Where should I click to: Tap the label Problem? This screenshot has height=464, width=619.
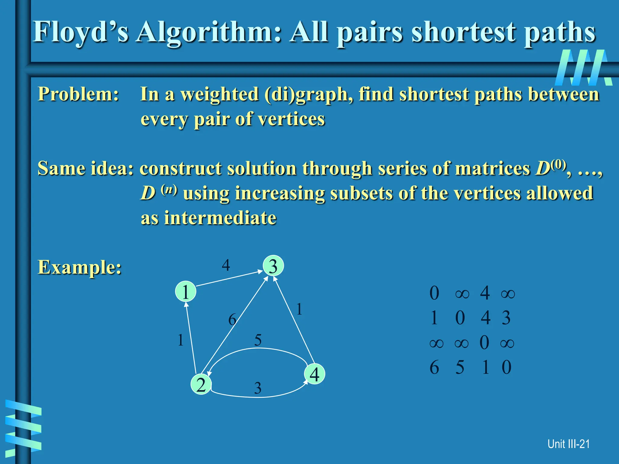tap(78, 94)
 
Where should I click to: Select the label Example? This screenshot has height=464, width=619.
tap(79, 267)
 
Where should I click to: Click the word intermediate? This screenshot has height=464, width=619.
tap(220, 218)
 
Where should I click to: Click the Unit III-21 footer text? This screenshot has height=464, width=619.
tap(569, 444)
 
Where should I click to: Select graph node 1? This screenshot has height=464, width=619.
tap(186, 292)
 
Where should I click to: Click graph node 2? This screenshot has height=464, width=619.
tap(201, 385)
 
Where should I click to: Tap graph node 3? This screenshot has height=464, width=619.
tap(273, 266)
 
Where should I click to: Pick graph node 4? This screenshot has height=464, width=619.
tap(315, 374)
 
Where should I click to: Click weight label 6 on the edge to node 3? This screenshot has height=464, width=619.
tap(232, 320)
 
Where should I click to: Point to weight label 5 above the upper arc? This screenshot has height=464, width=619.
tap(258, 340)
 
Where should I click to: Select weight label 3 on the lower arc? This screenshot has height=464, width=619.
tap(258, 388)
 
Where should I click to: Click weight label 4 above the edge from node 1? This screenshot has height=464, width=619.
tap(226, 265)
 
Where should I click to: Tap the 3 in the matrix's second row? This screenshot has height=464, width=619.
tap(506, 318)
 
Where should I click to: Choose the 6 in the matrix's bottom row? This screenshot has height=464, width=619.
tap(434, 368)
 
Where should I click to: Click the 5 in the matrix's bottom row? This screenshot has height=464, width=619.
tap(460, 368)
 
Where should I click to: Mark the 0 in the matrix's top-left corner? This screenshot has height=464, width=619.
tap(434, 293)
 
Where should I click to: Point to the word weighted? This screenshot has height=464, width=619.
tap(219, 94)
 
